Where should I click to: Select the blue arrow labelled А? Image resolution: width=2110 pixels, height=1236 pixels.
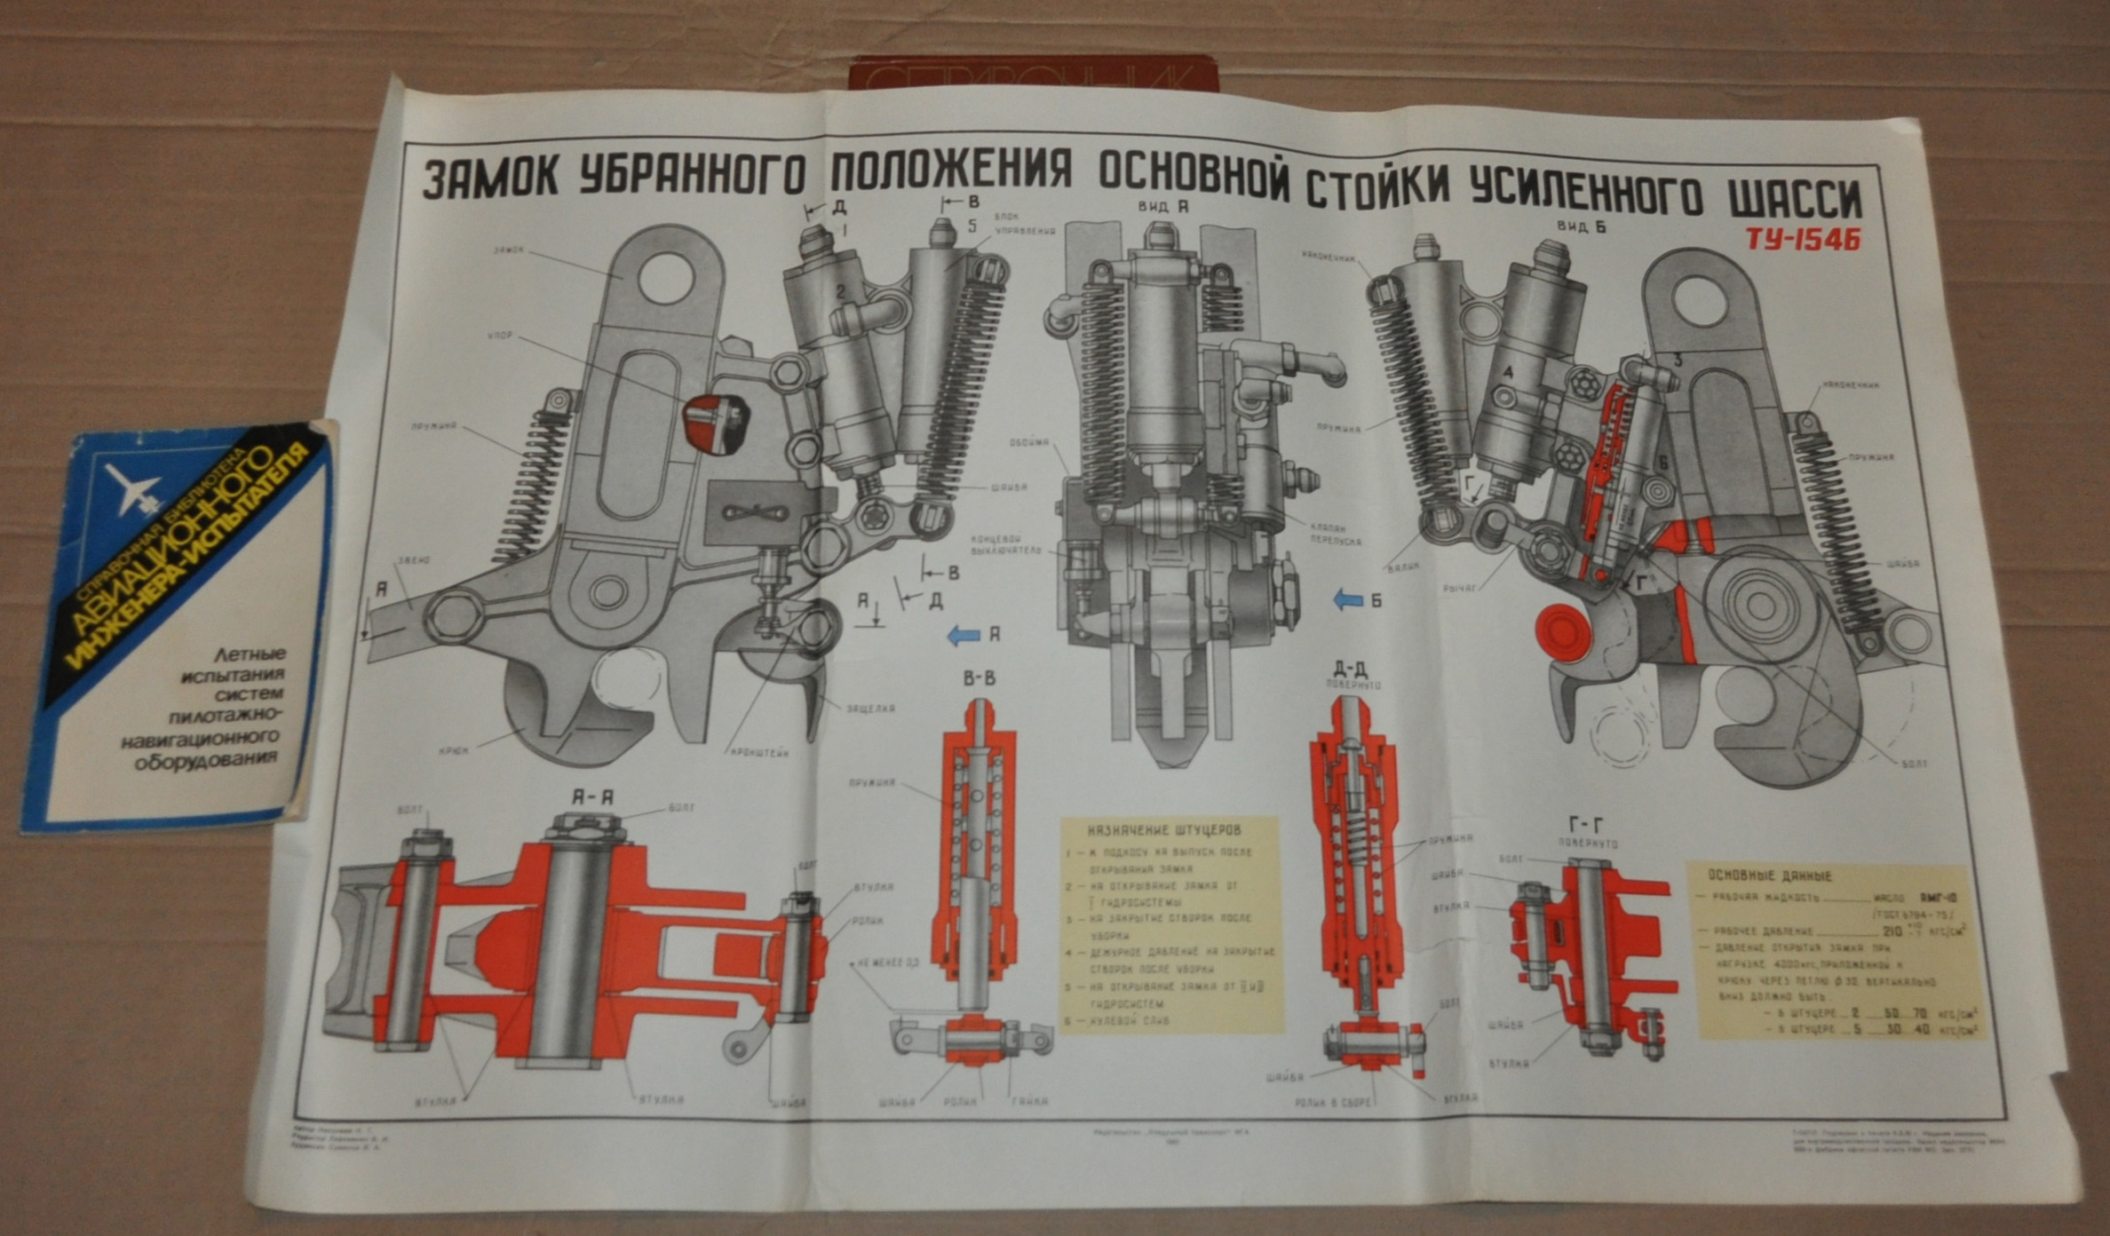click(964, 635)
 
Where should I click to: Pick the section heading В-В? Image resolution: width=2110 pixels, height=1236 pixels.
click(979, 679)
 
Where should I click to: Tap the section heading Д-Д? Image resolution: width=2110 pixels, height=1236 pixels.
click(1348, 669)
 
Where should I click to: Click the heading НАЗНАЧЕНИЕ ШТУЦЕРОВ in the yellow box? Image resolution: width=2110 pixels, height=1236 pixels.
click(1164, 831)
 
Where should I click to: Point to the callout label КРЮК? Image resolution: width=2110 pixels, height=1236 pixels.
click(453, 749)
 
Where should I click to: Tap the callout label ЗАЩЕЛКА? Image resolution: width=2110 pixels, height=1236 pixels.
click(869, 709)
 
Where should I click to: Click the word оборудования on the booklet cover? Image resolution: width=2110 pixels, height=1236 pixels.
click(207, 760)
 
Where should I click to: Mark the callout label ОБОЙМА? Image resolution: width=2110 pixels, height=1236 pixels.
click(1029, 442)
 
